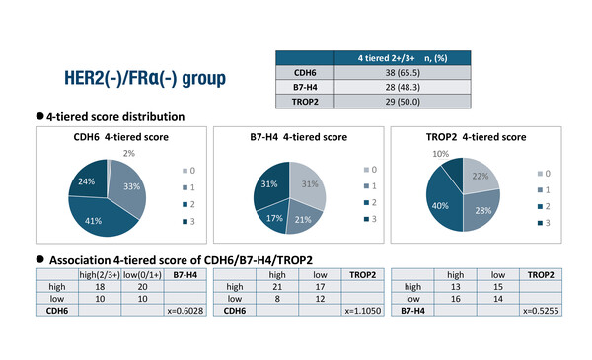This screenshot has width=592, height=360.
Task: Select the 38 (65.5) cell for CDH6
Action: coord(406,72)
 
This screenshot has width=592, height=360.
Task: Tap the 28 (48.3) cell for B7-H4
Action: coord(406,88)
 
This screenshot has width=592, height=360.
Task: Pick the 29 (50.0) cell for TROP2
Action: coord(406,102)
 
